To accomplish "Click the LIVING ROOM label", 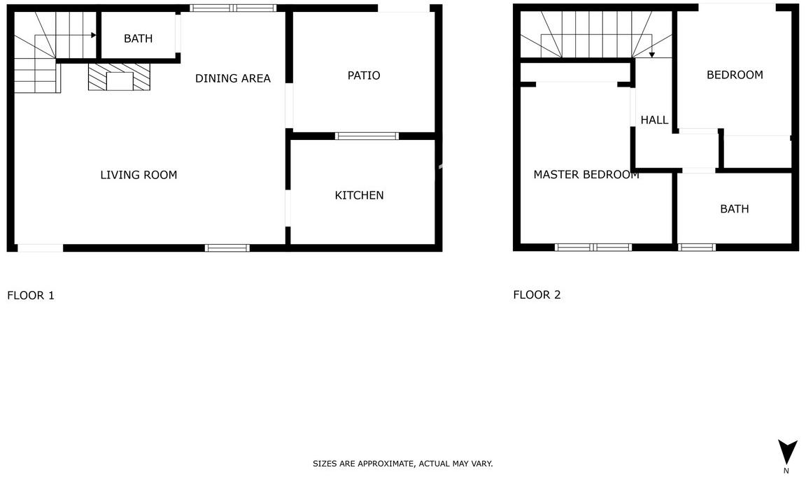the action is pyautogui.click(x=139, y=175).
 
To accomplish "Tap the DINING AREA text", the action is pyautogui.click(x=233, y=78).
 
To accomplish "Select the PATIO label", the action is pyautogui.click(x=364, y=76).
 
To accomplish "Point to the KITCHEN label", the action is pyautogui.click(x=360, y=195).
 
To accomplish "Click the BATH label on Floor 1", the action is pyautogui.click(x=139, y=38).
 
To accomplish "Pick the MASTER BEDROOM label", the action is pyautogui.click(x=586, y=175).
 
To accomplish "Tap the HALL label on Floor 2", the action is pyautogui.click(x=654, y=120).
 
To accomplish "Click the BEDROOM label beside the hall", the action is pyautogui.click(x=735, y=75).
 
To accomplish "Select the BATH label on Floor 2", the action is pyautogui.click(x=735, y=209).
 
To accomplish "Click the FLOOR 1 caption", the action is pyautogui.click(x=31, y=296).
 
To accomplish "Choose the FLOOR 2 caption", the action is pyautogui.click(x=537, y=295).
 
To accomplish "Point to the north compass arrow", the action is pyautogui.click(x=787, y=452).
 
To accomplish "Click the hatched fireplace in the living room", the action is pyautogui.click(x=119, y=77).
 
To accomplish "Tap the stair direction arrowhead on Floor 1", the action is pyautogui.click(x=94, y=36).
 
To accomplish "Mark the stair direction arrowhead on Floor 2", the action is pyautogui.click(x=652, y=55).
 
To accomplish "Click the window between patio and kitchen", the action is pyautogui.click(x=367, y=136).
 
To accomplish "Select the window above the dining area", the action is pyautogui.click(x=233, y=8).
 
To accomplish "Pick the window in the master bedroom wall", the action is pyautogui.click(x=594, y=247).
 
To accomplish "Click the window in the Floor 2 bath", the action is pyautogui.click(x=697, y=247).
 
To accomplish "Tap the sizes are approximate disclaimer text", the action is pyautogui.click(x=403, y=464).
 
